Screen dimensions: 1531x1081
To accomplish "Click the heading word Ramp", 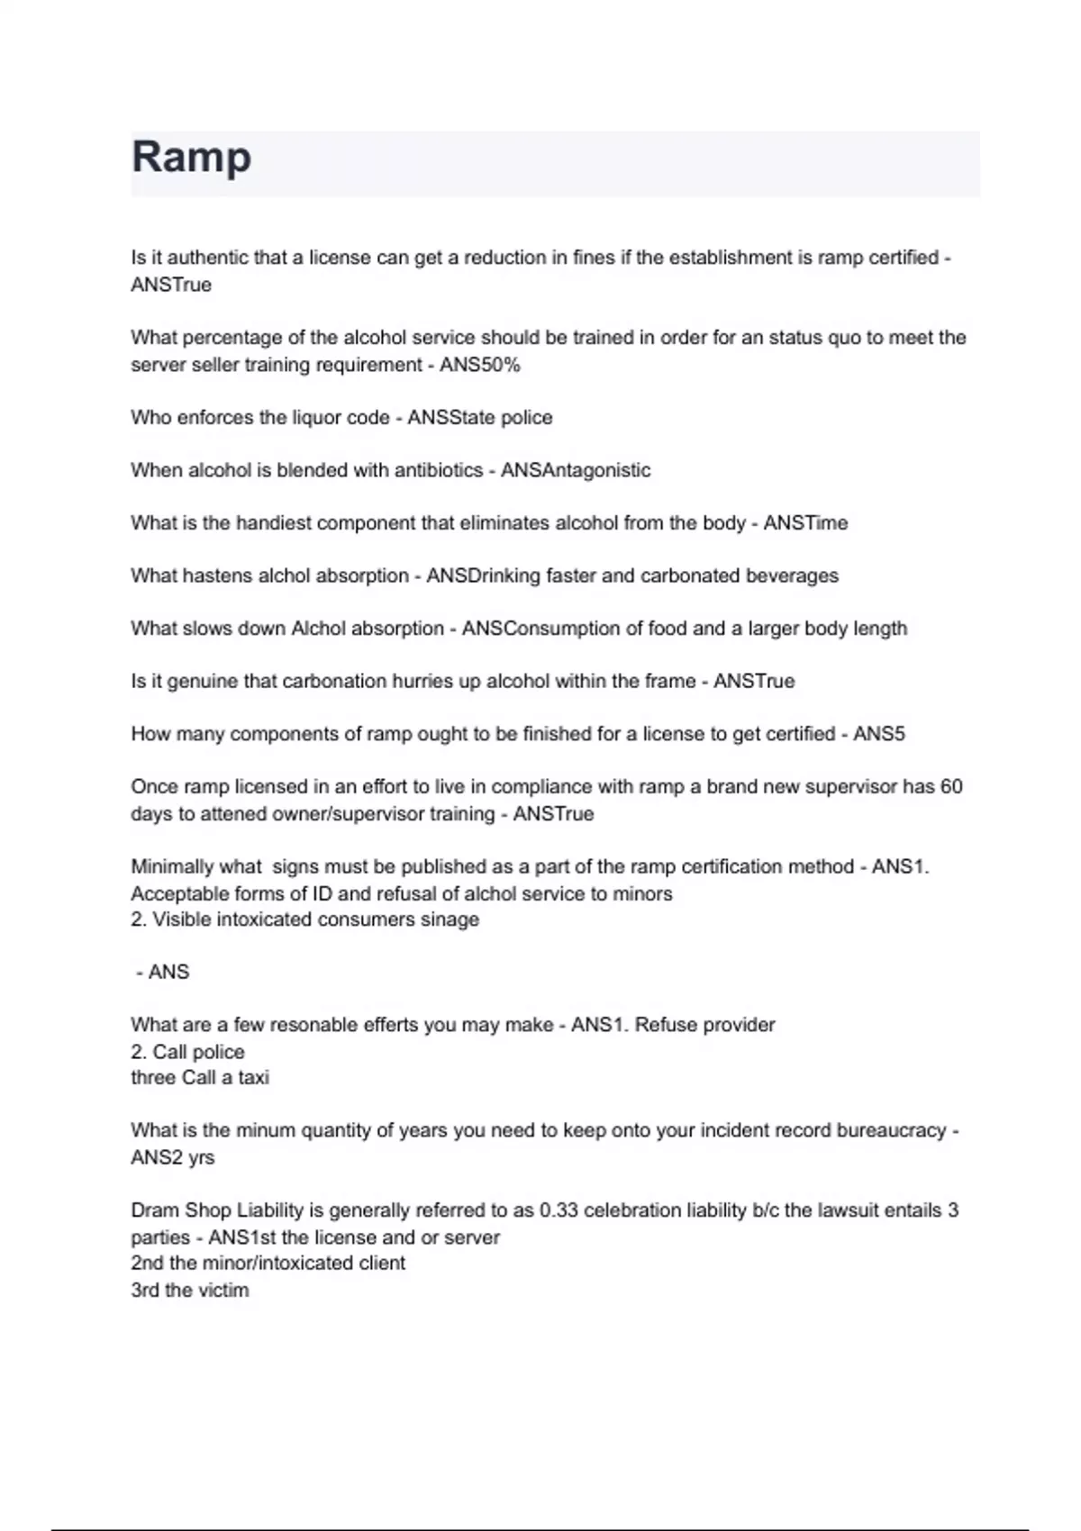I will pos(191,158).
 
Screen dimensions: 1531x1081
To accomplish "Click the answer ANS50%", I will pos(479,365).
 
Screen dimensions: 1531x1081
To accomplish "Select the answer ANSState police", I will pos(479,418).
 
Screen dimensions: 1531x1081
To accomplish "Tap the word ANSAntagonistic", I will pos(575,470).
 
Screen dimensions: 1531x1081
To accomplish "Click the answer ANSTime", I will pos(805,523).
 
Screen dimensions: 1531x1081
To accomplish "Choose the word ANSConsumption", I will pos(545,629).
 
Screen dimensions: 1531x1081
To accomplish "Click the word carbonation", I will pos(333,682).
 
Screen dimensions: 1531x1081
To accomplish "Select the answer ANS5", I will pos(878,734).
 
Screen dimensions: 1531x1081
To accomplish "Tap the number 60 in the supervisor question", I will pos(951,787).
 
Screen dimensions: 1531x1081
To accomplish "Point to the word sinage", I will pos(450,920).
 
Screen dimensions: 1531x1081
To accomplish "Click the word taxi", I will pos(253,1078).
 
